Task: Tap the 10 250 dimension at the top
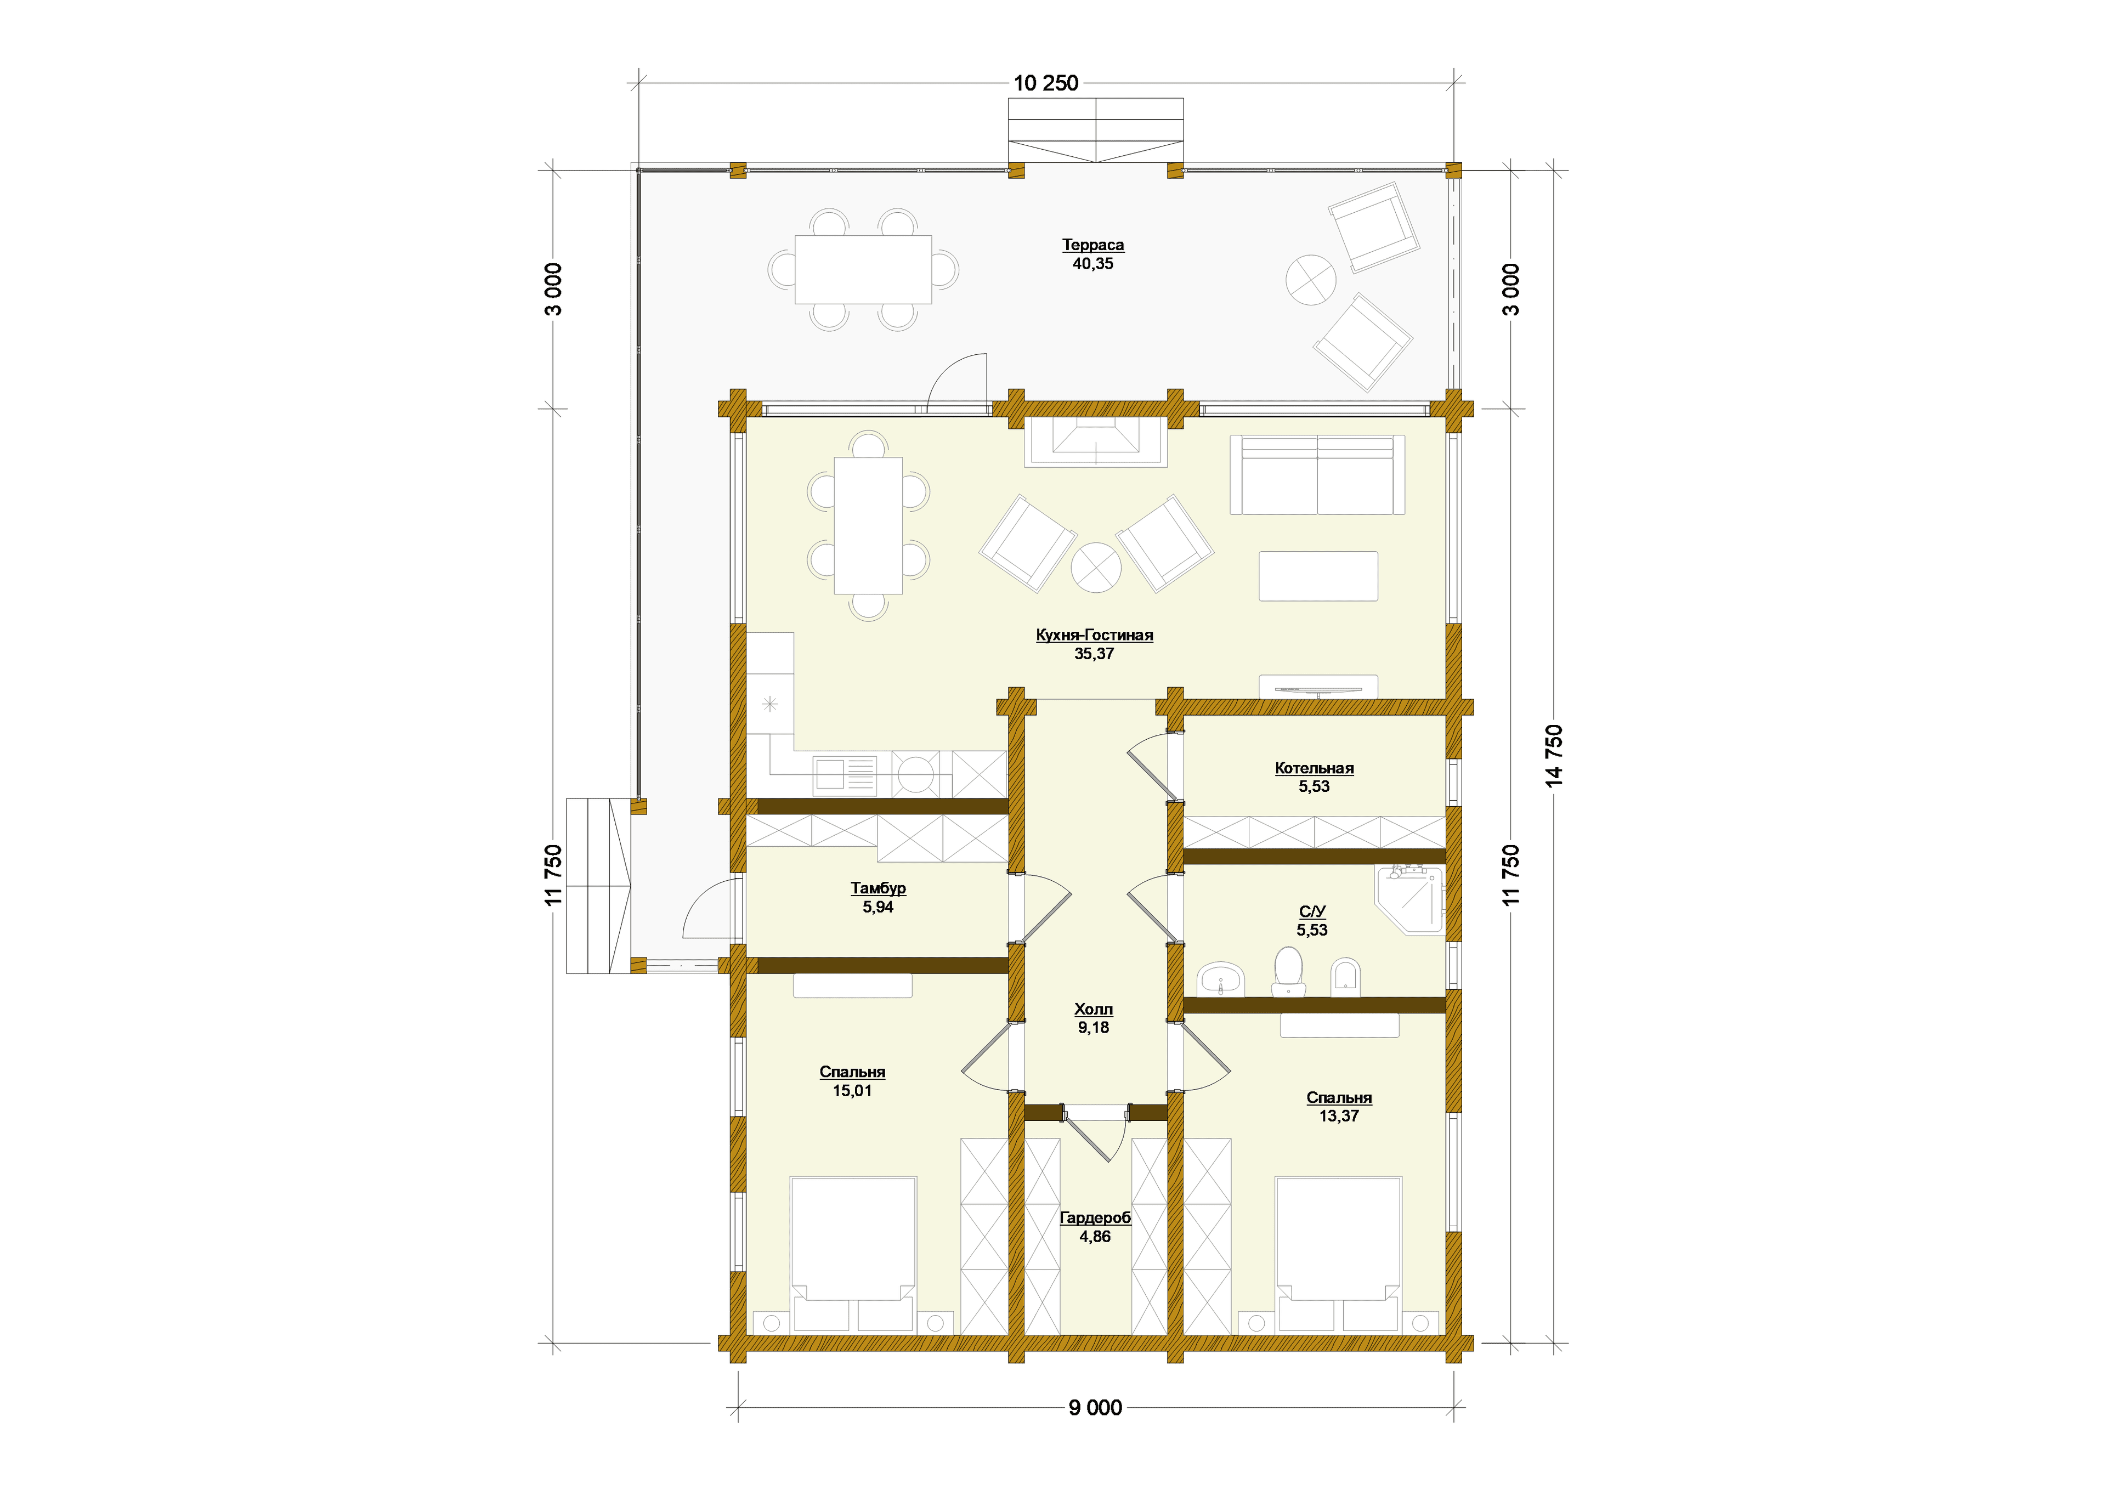point(1045,83)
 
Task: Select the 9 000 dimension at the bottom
point(1095,1407)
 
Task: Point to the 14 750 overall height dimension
point(1554,756)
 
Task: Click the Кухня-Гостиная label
point(1094,635)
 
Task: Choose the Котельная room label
point(1314,768)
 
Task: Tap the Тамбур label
point(878,888)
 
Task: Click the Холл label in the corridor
point(1093,1009)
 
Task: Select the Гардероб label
point(1095,1217)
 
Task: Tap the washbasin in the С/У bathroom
point(1220,980)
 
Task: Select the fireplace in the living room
point(1096,442)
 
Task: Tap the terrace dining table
point(863,269)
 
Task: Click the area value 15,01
point(852,1091)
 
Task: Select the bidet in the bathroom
point(1345,977)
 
